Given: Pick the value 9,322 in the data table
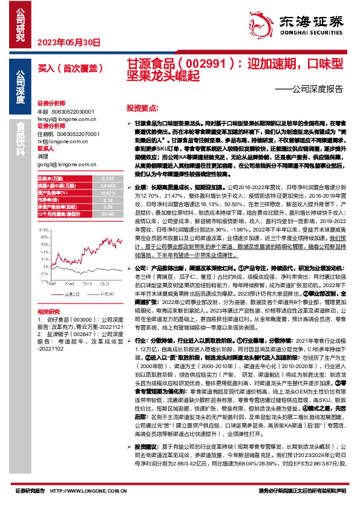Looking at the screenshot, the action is pos(108,179).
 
